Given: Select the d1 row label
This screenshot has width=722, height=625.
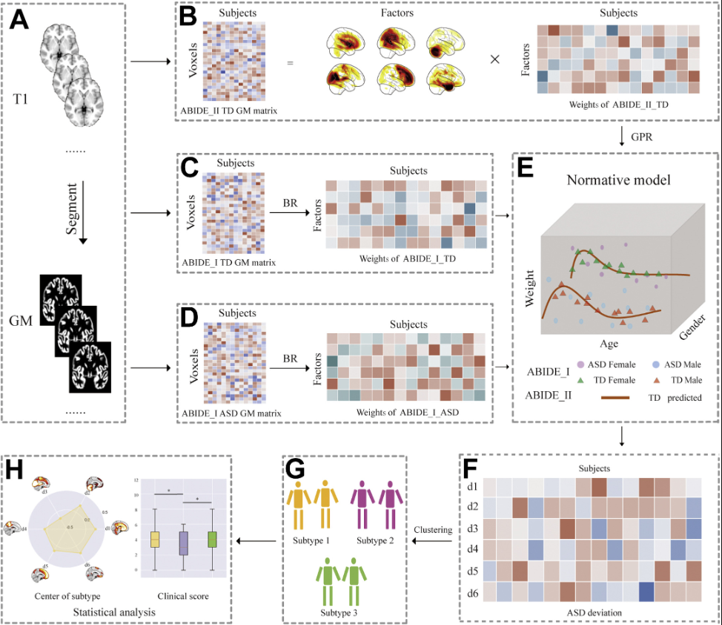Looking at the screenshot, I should [x=471, y=486].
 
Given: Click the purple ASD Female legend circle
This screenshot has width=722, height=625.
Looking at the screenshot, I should [x=580, y=366].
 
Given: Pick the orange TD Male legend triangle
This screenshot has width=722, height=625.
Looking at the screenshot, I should [x=657, y=380].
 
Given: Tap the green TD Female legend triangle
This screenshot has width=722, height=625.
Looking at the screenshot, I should [x=580, y=380].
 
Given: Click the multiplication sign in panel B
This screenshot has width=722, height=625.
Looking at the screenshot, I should [x=494, y=59].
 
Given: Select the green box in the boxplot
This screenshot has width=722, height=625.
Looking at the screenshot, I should [x=213, y=539].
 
